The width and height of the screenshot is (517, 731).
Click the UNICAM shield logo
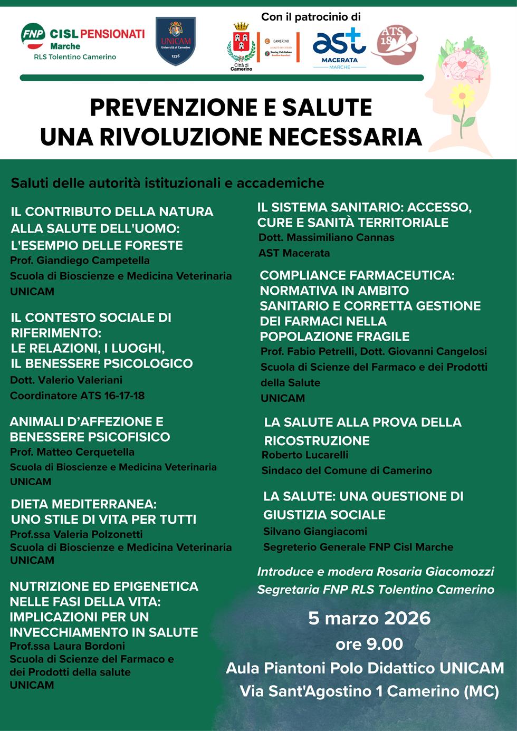(x=176, y=42)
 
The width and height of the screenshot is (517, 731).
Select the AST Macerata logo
(x=339, y=46)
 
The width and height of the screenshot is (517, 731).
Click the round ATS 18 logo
(x=394, y=45)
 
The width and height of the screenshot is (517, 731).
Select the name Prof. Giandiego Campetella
(x=80, y=261)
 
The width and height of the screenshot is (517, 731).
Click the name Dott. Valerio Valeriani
(x=66, y=380)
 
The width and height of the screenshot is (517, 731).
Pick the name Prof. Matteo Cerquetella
(x=72, y=452)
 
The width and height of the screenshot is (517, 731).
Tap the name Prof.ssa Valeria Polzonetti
(x=76, y=534)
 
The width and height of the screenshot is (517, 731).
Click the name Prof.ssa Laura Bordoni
(x=68, y=646)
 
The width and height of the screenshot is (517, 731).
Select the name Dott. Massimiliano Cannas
(x=327, y=237)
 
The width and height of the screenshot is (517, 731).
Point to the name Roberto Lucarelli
(x=305, y=455)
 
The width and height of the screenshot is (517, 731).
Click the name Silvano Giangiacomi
(x=315, y=532)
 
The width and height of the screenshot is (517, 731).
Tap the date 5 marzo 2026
(x=369, y=618)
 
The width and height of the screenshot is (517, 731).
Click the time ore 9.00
(x=369, y=644)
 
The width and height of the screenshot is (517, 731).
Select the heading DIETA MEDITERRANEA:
(x=84, y=504)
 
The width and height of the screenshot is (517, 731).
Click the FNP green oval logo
(x=33, y=35)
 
